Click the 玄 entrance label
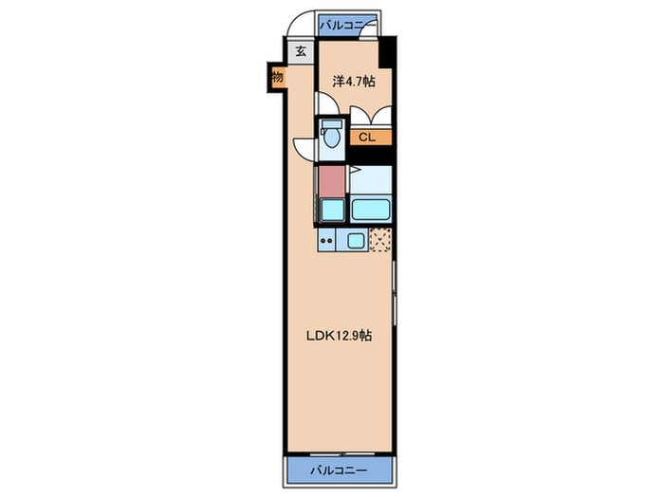(x=301, y=52)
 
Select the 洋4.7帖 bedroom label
(x=353, y=82)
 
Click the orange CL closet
(x=368, y=138)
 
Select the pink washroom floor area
(x=330, y=180)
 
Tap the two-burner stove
(x=327, y=241)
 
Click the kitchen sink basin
(x=356, y=241)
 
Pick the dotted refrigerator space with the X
(x=380, y=241)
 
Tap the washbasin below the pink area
(x=331, y=210)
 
